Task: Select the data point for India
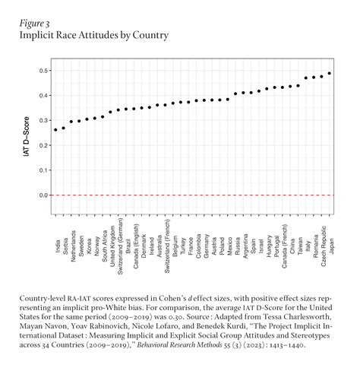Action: [x=55, y=130]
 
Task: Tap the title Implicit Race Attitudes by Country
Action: [x=94, y=36]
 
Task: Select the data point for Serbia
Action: [x=63, y=128]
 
